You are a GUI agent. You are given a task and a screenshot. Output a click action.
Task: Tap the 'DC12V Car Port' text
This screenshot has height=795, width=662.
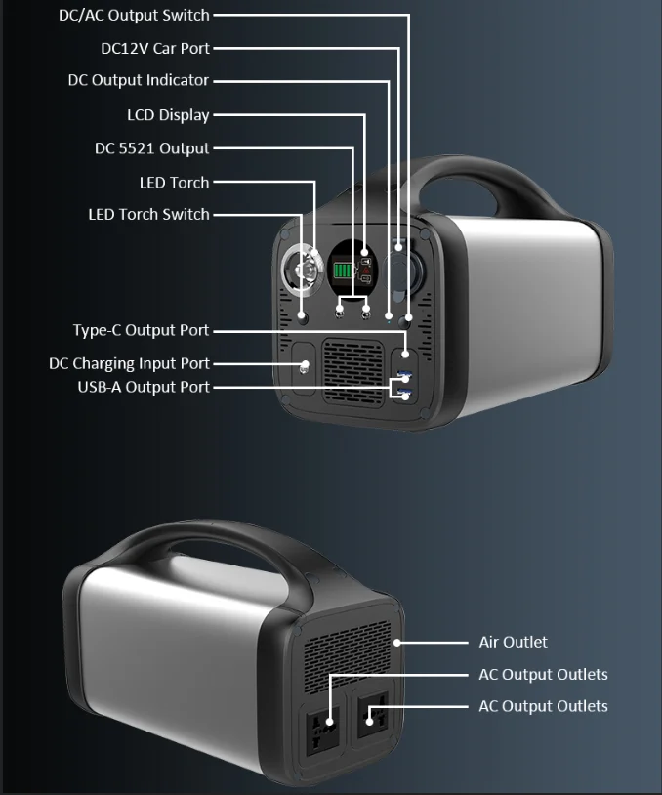coord(154,48)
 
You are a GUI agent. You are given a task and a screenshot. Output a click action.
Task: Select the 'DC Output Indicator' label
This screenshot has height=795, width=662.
coord(138,80)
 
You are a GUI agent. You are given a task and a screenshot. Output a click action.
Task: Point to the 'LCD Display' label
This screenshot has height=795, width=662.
coord(168,115)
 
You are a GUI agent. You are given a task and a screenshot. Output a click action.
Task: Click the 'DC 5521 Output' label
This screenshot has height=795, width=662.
coord(151,148)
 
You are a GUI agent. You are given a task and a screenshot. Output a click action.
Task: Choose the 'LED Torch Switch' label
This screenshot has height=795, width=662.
coord(148,214)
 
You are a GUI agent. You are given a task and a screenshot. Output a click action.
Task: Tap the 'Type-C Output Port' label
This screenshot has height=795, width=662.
coord(141,331)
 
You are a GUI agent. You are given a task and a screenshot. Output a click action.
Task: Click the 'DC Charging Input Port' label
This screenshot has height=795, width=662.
coord(129,363)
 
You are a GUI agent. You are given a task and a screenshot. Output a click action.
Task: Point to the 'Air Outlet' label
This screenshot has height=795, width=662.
coord(513,642)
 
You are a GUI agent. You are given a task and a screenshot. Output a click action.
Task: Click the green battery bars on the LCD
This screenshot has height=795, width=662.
coord(343,271)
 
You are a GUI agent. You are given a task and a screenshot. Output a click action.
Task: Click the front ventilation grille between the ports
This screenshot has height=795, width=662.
coord(353,374)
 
